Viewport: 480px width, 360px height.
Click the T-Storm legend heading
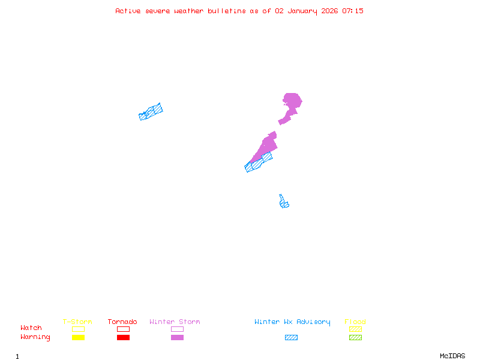[x=77, y=322]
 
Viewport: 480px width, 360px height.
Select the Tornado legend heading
[x=122, y=322]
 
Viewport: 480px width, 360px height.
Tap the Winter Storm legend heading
[x=175, y=322]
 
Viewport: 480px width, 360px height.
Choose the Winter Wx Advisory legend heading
[x=292, y=322]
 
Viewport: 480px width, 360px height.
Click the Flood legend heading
[x=355, y=322]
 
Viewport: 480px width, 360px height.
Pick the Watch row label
[x=31, y=328]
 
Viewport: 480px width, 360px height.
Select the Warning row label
[x=35, y=337]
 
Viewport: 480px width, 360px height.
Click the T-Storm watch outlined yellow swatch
[x=78, y=329]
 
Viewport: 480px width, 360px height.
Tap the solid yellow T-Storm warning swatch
[x=78, y=337]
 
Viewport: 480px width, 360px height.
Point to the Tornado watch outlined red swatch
[x=123, y=329]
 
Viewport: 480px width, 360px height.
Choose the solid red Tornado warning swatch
[x=123, y=337]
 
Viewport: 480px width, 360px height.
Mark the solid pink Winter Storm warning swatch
[x=177, y=337]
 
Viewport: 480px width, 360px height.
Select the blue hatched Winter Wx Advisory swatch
[x=291, y=337]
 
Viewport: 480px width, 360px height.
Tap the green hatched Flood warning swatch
[x=355, y=337]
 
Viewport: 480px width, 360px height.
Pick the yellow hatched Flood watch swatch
[x=355, y=329]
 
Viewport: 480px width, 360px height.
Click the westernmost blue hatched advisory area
[x=151, y=112]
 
